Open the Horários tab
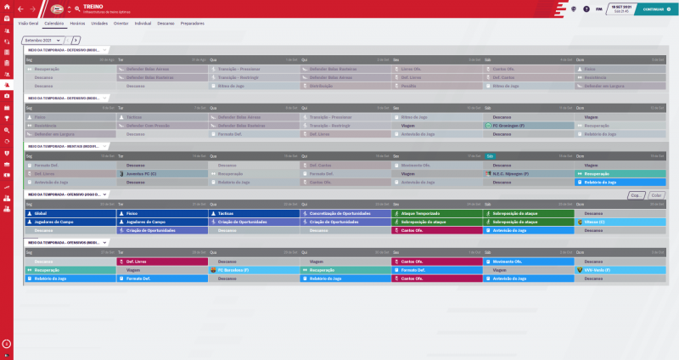[x=77, y=23]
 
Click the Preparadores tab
[x=193, y=23]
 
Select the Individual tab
[x=143, y=23]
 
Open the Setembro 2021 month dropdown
[x=43, y=40]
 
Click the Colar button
[x=656, y=195]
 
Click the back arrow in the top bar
[x=19, y=8]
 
